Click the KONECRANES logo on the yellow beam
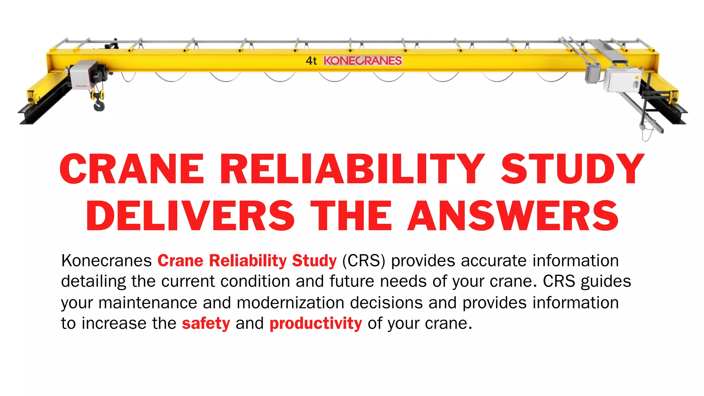pyautogui.click(x=363, y=61)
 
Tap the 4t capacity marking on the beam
pyautogui.click(x=311, y=61)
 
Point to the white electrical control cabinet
pyautogui.click(x=623, y=79)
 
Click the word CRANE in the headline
pyautogui.click(x=132, y=169)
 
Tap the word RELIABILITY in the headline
pyautogui.click(x=352, y=169)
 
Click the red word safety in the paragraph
pyautogui.click(x=206, y=324)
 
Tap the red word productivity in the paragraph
pyautogui.click(x=316, y=324)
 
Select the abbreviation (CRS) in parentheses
pyautogui.click(x=364, y=261)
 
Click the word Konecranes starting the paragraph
pyautogui.click(x=107, y=261)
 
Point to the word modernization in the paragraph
pyautogui.click(x=290, y=303)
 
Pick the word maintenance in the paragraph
pyautogui.click(x=148, y=303)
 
